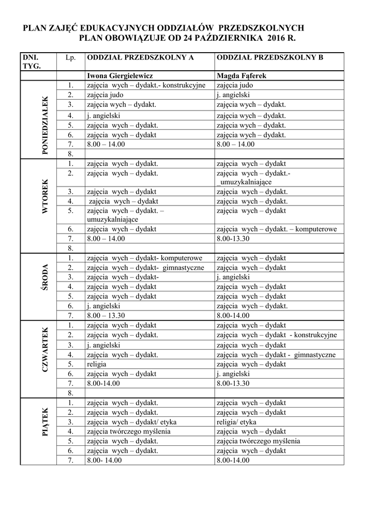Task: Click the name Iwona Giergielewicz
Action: (119, 76)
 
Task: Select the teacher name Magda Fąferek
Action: (242, 76)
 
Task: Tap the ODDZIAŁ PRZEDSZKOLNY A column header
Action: (140, 57)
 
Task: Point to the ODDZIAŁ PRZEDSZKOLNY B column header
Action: (270, 57)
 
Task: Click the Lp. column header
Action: (71, 57)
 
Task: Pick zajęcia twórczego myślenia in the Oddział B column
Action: (258, 441)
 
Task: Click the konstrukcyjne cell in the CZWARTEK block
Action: (277, 335)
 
